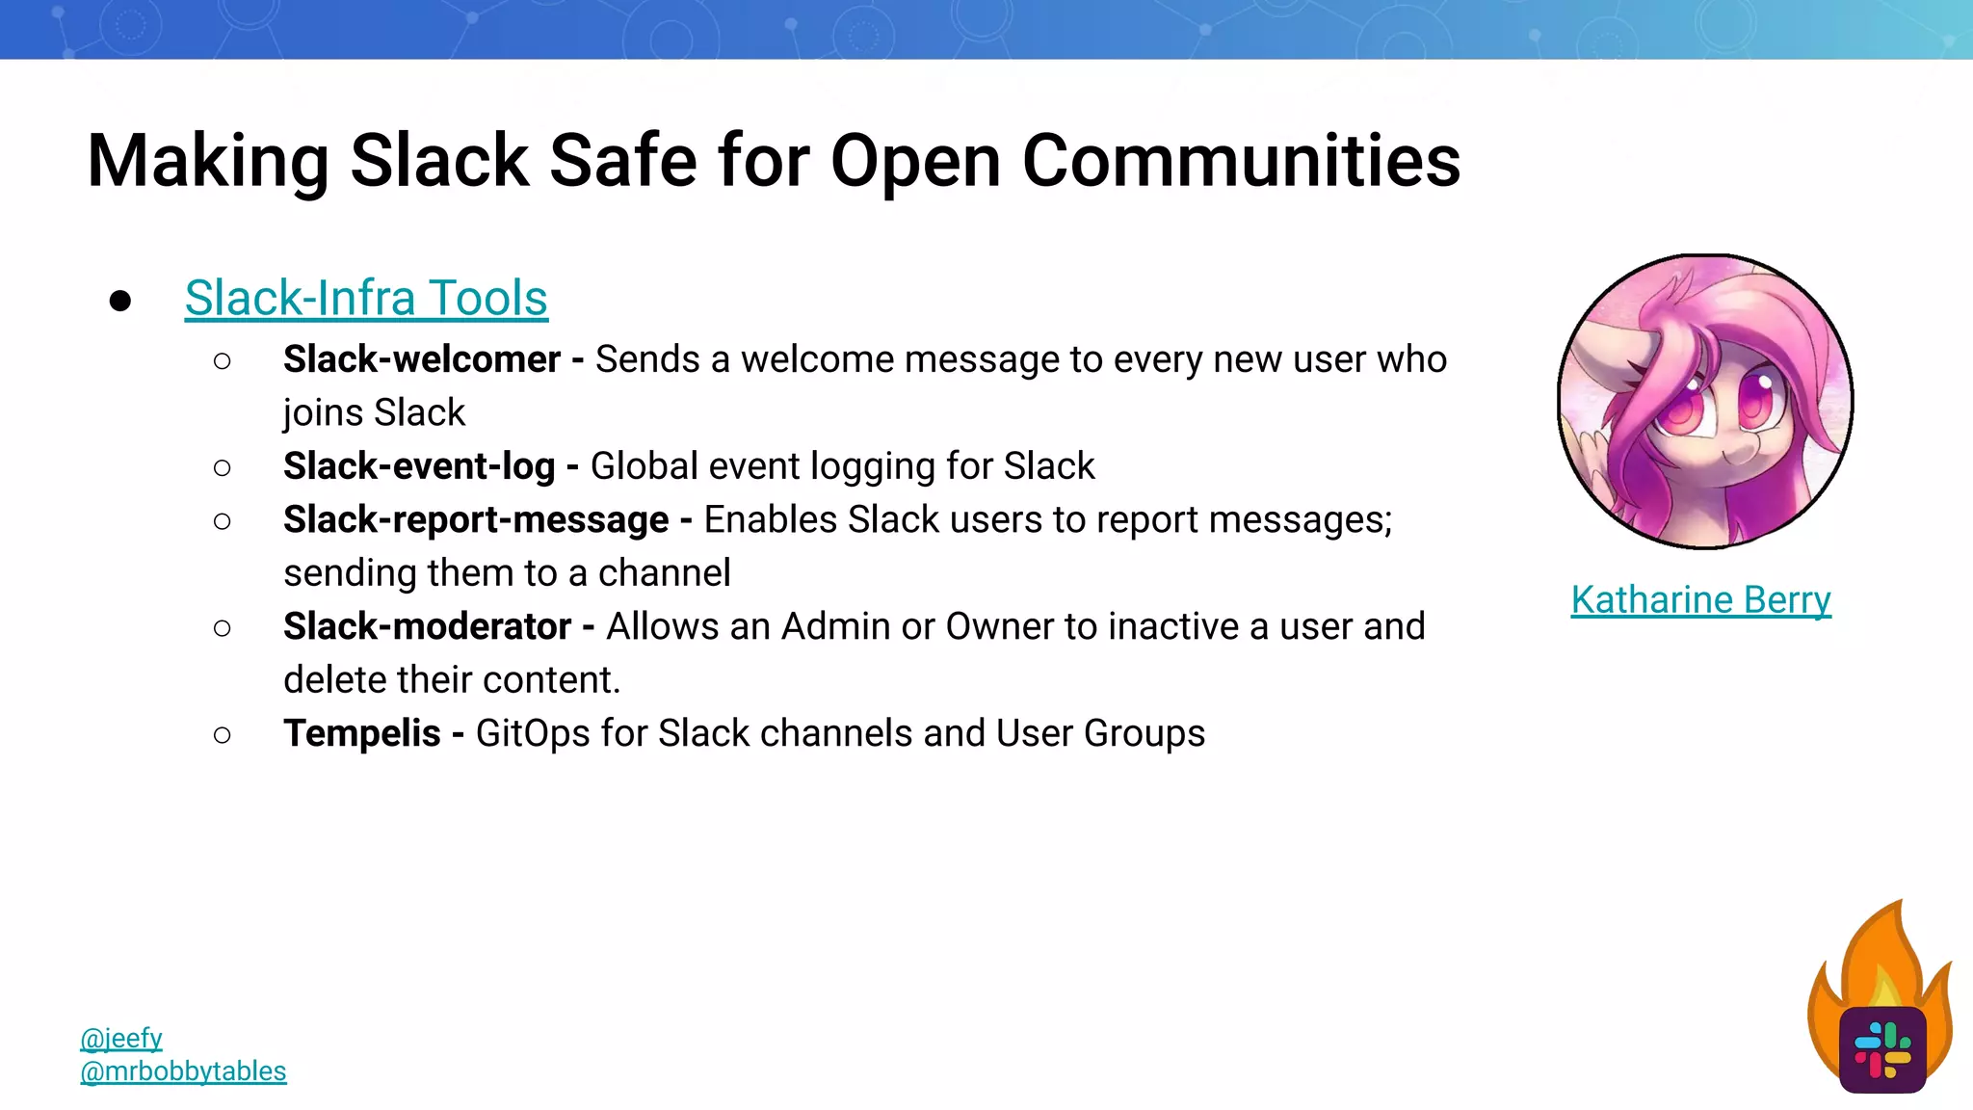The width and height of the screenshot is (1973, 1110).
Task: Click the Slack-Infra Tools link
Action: point(366,298)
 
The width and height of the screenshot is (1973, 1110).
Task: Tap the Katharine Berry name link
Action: point(1700,599)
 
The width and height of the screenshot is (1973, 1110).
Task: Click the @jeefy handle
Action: point(121,1038)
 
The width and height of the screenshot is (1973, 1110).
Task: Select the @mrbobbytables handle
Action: point(183,1070)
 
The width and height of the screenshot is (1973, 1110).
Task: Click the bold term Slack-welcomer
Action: point(421,359)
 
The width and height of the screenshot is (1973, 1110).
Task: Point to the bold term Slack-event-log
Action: point(419,466)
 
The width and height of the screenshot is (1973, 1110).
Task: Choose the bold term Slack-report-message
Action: point(476,519)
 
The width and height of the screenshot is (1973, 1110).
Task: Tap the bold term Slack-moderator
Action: point(427,626)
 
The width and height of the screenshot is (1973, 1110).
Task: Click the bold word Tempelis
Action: point(361,733)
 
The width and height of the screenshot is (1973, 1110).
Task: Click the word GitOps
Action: point(533,733)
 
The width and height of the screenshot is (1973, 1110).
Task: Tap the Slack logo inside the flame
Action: point(1882,1049)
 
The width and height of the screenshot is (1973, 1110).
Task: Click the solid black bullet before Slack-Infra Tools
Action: point(120,301)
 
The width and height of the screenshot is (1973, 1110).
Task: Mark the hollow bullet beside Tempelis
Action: point(223,735)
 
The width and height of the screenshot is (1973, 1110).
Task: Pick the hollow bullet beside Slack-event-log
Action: point(223,468)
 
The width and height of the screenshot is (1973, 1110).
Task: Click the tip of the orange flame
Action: point(1899,903)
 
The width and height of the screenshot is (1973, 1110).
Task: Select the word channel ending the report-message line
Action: point(664,573)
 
